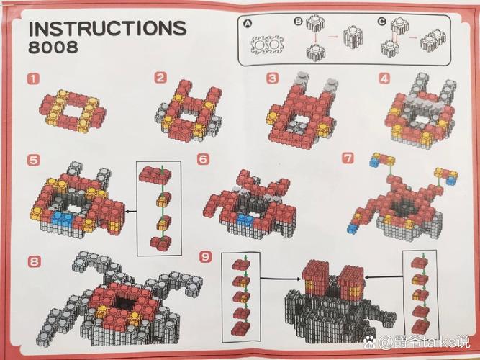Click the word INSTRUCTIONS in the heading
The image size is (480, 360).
[x=107, y=29]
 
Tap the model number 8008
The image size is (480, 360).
[x=53, y=48]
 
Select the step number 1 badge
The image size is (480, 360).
[x=33, y=78]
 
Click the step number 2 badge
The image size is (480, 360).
[x=160, y=78]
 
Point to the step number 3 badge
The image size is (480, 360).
[x=273, y=78]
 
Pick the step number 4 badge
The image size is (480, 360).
[x=385, y=78]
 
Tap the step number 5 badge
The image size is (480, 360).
[x=33, y=160]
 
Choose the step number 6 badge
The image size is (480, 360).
[x=204, y=159]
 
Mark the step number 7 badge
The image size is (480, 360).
[x=348, y=158]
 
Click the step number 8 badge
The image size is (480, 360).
[x=34, y=261]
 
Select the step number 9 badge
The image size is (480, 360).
[x=205, y=256]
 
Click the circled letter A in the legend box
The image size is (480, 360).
[x=248, y=24]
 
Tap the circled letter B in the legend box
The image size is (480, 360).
[x=298, y=21]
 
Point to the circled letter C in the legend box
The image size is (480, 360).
[x=381, y=22]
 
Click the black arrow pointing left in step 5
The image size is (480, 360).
[x=131, y=212]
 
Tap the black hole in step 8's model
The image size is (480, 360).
[x=125, y=304]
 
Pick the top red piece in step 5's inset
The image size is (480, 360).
[x=155, y=175]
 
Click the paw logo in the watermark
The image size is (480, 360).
[x=371, y=342]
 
